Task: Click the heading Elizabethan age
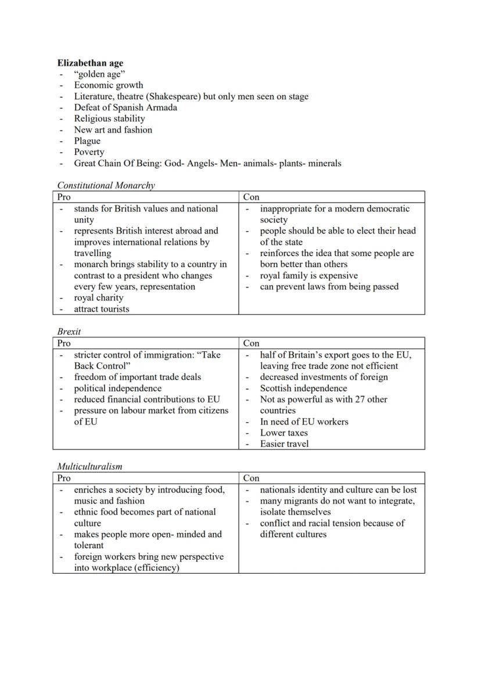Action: pyautogui.click(x=90, y=63)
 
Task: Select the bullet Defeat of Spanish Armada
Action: pyautogui.click(x=125, y=107)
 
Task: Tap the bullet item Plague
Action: pyautogui.click(x=87, y=141)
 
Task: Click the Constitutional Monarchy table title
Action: pyautogui.click(x=106, y=186)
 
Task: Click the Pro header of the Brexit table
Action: pyautogui.click(x=64, y=343)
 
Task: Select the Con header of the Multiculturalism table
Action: pyautogui.click(x=251, y=478)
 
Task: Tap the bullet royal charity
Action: pyautogui.click(x=99, y=298)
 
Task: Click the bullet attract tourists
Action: pyautogui.click(x=102, y=309)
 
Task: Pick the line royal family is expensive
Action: pyautogui.click(x=308, y=276)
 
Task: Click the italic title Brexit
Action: pyautogui.click(x=69, y=332)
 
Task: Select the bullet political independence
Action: pyautogui.click(x=118, y=388)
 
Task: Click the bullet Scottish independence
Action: pyautogui.click(x=303, y=388)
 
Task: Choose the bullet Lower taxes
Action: pyautogui.click(x=284, y=433)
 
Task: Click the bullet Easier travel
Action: pyautogui.click(x=285, y=444)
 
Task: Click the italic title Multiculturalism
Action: pyautogui.click(x=89, y=466)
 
